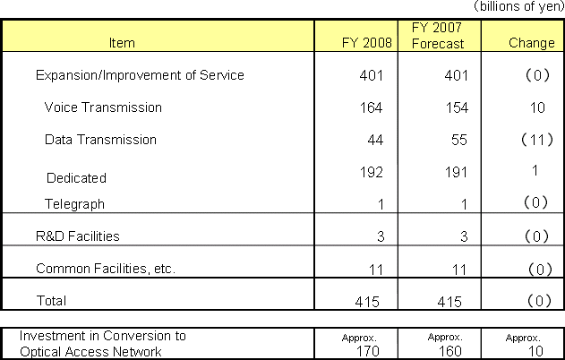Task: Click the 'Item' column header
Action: (x=121, y=42)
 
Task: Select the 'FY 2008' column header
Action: (x=367, y=42)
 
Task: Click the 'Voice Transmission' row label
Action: (x=103, y=107)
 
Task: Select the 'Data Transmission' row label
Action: (x=100, y=140)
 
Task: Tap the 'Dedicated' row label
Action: (x=75, y=178)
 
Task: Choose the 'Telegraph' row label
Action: (x=74, y=204)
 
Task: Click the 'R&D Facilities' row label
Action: (x=77, y=236)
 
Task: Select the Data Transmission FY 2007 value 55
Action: (x=455, y=140)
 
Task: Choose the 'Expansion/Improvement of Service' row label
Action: (x=139, y=75)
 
